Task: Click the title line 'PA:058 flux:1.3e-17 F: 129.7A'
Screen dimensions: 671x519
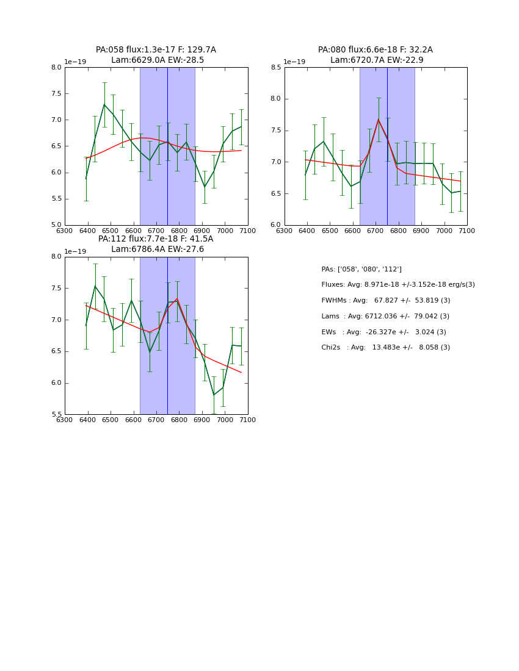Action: [x=156, y=50]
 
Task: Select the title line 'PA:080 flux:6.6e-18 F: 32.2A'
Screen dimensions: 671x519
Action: [x=375, y=50]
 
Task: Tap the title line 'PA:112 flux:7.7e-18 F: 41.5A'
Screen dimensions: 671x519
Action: [x=156, y=239]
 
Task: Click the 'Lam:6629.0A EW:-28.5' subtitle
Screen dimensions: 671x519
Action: [x=158, y=60]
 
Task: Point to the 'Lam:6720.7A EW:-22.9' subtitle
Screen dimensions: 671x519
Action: [x=377, y=60]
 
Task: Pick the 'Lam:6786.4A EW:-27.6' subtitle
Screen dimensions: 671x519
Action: [x=158, y=249]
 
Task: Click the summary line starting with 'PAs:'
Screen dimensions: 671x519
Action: [x=361, y=269]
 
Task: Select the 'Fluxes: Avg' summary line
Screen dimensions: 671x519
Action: [x=398, y=285]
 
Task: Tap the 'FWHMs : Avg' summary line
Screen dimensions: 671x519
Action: [x=386, y=301]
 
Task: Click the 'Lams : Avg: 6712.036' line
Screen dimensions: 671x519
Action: [x=385, y=317]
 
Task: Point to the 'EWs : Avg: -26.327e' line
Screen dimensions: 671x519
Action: [x=383, y=332]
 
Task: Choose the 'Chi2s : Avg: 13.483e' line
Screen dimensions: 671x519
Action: [x=386, y=348]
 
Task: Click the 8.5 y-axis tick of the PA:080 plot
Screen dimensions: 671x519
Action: [x=277, y=67]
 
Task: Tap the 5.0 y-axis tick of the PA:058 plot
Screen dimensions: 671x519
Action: [x=57, y=225]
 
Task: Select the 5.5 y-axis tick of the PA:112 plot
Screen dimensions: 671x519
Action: [x=57, y=415]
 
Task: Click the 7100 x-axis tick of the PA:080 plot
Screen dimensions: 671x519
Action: [x=467, y=231]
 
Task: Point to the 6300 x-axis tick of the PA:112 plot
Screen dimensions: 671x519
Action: [x=65, y=420]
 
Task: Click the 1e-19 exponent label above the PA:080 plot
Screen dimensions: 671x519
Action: [x=294, y=62]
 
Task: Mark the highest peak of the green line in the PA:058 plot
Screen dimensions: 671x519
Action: [x=104, y=104]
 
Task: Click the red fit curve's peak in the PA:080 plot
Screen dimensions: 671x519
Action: [x=378, y=120]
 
